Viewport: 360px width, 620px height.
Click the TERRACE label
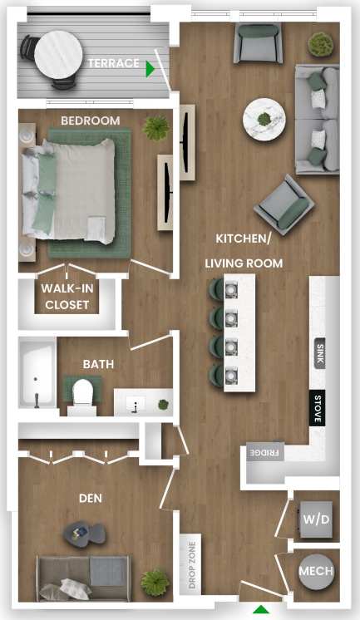113,63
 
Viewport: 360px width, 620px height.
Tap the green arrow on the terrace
150,69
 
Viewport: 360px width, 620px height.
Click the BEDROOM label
90,121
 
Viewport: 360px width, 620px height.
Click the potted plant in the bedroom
155,128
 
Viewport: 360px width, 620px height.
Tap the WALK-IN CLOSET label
66,297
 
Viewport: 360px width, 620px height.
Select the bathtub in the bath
37,374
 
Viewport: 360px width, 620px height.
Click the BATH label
98,364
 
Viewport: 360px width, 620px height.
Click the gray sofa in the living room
317,121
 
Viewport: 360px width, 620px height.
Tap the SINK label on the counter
319,354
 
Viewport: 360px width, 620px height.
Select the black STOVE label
317,408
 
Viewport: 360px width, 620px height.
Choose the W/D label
315,520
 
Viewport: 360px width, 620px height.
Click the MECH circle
316,571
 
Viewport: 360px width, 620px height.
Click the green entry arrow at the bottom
261,612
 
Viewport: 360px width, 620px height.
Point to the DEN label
91,499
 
